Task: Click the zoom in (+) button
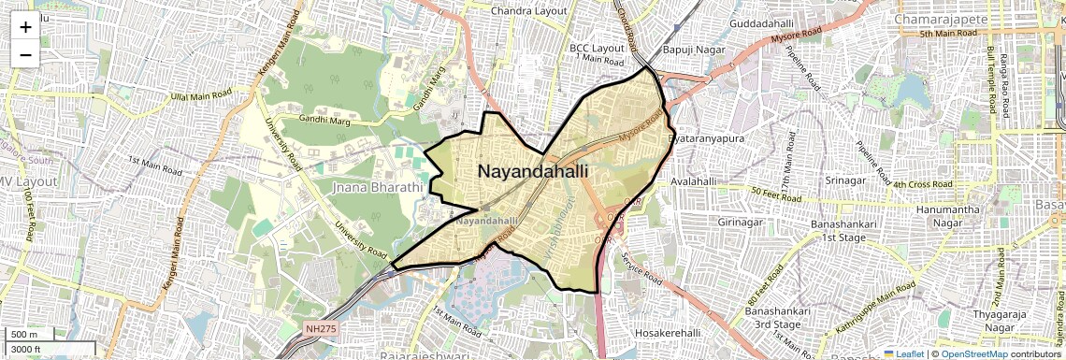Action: click(25, 27)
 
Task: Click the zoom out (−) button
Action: click(25, 54)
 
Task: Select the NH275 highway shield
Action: click(320, 328)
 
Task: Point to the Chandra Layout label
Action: click(530, 10)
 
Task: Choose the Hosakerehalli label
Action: click(668, 334)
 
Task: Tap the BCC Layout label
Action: click(596, 47)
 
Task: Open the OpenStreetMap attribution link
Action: click(973, 353)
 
